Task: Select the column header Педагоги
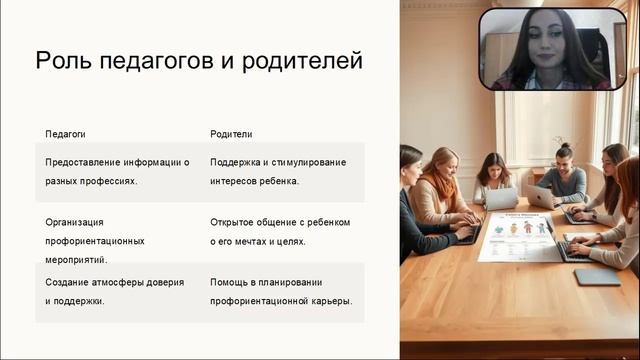click(x=67, y=133)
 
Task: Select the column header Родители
click(x=231, y=133)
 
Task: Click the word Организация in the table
click(x=75, y=222)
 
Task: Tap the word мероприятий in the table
click(x=77, y=260)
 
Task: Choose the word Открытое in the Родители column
click(x=233, y=222)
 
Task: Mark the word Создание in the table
click(x=69, y=282)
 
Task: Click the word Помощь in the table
click(x=231, y=282)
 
